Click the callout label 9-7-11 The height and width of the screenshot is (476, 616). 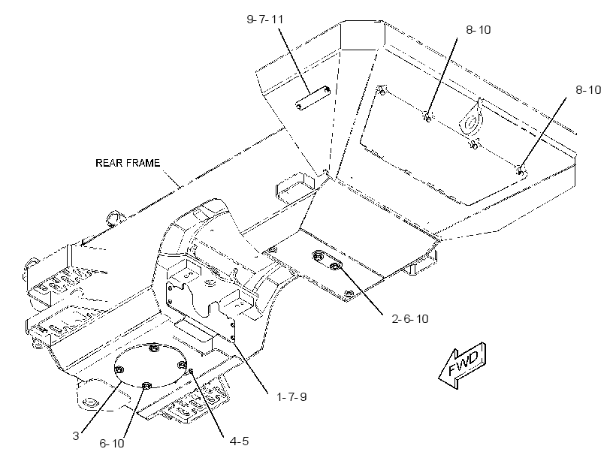264,20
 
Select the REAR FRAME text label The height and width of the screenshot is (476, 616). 128,163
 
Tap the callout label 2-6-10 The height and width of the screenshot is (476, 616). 409,318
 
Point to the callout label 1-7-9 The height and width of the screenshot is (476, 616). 291,396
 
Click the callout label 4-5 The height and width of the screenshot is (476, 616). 239,441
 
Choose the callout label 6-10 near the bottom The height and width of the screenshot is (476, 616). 112,444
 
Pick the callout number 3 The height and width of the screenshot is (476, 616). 76,435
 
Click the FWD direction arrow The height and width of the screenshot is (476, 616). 463,365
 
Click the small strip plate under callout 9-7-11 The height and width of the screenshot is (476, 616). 313,98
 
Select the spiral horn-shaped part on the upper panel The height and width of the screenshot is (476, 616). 472,121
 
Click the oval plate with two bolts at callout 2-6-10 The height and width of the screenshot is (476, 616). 328,261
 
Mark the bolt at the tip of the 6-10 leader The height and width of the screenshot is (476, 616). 146,386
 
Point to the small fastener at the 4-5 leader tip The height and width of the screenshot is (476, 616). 192,370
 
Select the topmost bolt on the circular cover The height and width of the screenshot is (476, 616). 155,348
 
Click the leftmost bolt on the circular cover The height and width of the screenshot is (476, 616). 119,369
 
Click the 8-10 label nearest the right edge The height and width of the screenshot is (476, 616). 588,90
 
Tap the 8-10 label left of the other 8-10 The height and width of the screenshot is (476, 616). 478,30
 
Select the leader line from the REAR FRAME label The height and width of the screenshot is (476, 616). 172,179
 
